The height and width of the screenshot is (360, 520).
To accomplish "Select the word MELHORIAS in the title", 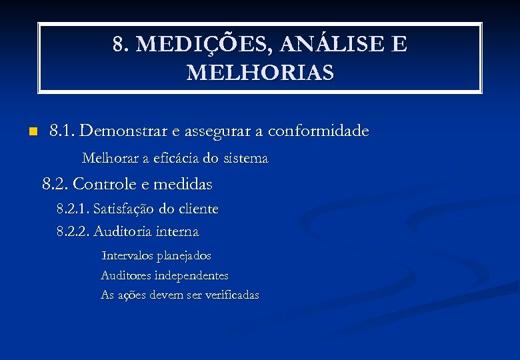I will (x=260, y=72).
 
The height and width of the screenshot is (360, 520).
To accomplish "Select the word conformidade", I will (x=318, y=131).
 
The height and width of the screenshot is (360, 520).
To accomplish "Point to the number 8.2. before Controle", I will (x=55, y=183).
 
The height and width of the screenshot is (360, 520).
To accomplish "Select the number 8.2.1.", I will (x=73, y=209).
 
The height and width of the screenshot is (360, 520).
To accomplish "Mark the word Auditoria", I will (x=122, y=232).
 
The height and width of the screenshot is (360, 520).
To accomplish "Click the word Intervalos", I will (x=127, y=256).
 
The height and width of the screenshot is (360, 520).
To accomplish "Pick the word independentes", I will (x=191, y=275).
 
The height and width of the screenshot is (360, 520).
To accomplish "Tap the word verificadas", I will (x=231, y=295).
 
